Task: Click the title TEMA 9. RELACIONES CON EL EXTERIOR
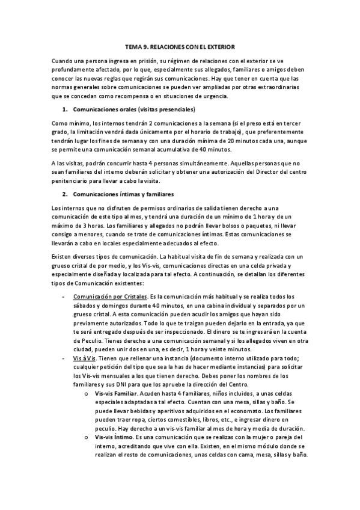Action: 180,46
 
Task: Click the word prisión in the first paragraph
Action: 146,61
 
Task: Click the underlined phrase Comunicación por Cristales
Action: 110,296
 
